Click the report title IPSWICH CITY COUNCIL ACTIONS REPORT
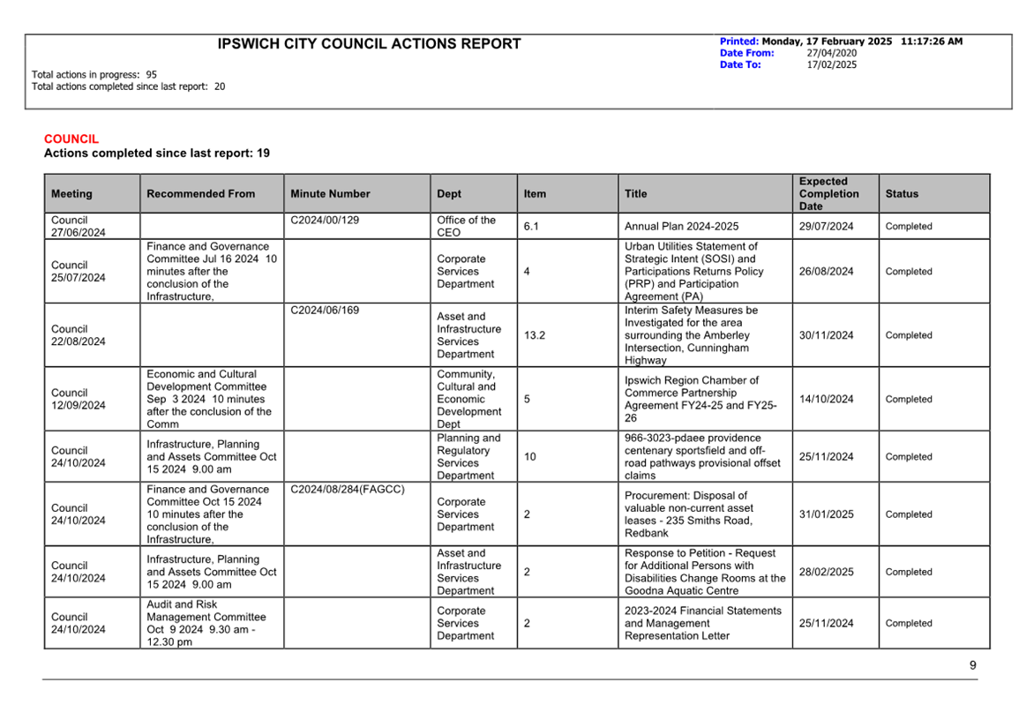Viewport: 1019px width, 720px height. click(x=369, y=44)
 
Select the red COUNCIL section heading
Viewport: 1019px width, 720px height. click(x=71, y=139)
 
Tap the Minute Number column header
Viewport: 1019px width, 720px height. click(x=330, y=194)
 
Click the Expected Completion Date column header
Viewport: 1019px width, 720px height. click(x=828, y=194)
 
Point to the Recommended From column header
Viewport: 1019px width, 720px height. click(x=200, y=194)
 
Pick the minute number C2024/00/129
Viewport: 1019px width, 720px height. click(x=325, y=221)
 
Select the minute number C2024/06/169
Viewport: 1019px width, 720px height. click(x=325, y=311)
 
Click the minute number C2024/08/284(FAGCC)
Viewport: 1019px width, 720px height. click(x=348, y=489)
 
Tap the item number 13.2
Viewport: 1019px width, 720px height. click(x=535, y=335)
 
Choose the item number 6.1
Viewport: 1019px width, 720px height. click(x=531, y=227)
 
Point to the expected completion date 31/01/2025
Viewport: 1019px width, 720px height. click(x=826, y=514)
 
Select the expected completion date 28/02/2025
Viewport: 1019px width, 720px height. click(x=826, y=572)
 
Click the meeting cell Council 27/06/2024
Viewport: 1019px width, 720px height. click(x=78, y=227)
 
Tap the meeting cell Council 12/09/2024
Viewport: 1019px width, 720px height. click(x=78, y=399)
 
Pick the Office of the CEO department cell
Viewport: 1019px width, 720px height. click(x=466, y=227)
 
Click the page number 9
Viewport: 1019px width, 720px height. click(x=973, y=665)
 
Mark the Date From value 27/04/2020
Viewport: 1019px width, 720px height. click(x=831, y=53)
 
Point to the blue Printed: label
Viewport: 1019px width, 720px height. click(x=738, y=41)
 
